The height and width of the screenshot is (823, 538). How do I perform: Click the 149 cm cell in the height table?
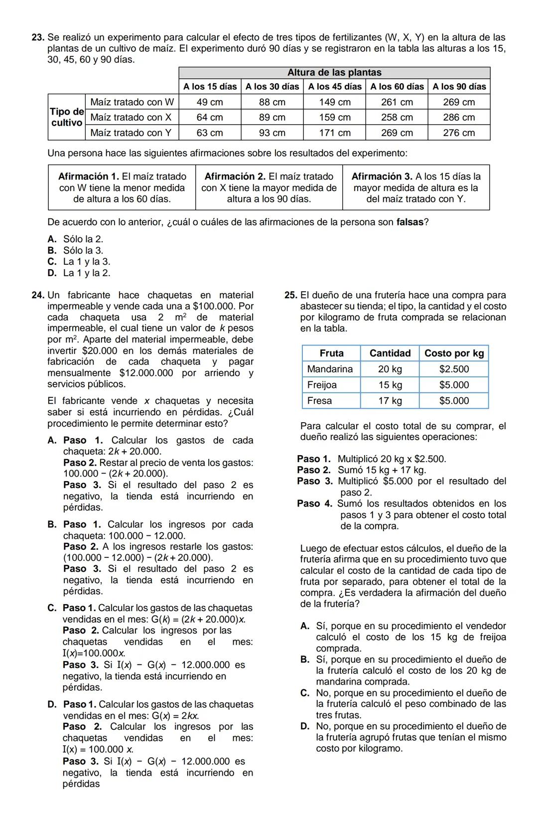tap(335, 102)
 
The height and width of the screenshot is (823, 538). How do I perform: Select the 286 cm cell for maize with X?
tap(459, 118)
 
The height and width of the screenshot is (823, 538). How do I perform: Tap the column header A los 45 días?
tap(335, 87)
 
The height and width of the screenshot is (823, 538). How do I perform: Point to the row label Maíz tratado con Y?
tap(131, 133)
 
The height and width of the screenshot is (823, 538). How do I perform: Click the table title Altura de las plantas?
tap(334, 73)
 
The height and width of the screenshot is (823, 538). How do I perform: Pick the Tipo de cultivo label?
tap(67, 117)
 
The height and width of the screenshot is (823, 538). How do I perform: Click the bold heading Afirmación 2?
tap(235, 176)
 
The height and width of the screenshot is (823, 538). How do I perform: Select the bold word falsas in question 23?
tap(409, 222)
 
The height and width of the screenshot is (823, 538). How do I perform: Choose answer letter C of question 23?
tap(52, 262)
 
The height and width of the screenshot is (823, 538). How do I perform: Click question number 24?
tap(38, 295)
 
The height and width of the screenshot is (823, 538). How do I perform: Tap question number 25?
tap(291, 295)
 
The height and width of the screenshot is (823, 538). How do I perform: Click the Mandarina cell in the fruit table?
tap(330, 369)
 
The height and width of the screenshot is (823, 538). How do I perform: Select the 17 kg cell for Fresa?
tap(390, 401)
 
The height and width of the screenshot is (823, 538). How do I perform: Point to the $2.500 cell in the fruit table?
tap(454, 369)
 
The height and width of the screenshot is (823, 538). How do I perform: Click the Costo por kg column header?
tap(454, 353)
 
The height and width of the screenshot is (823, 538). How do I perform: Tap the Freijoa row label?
tap(322, 385)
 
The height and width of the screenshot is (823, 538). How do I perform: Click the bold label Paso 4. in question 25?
tap(314, 503)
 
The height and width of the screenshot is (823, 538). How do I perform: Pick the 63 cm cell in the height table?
tap(210, 133)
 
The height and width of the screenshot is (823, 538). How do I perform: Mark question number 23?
tap(38, 37)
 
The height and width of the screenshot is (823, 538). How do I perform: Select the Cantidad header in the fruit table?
tap(390, 353)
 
